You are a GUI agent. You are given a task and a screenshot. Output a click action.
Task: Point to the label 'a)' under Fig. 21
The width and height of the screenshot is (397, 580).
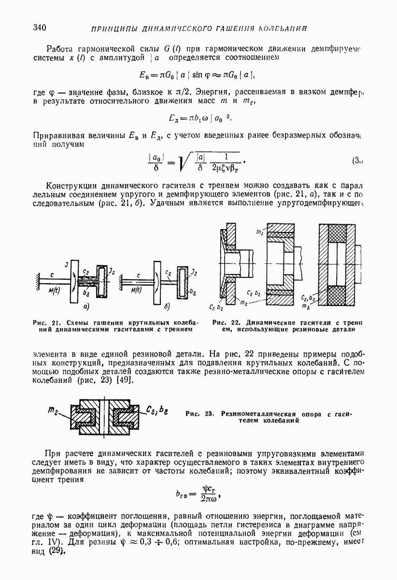click(x=87, y=306)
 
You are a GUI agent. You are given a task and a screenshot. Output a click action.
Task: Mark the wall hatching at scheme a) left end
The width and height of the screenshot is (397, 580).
click(x=37, y=282)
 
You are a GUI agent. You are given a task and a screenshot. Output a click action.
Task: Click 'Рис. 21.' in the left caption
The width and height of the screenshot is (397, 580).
click(x=44, y=322)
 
